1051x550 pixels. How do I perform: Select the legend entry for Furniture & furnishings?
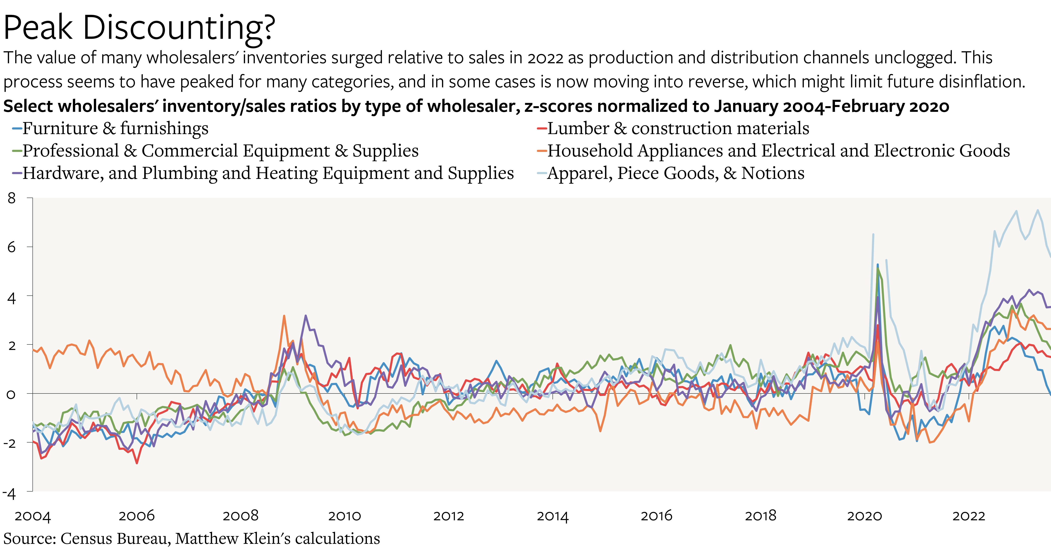point(115,128)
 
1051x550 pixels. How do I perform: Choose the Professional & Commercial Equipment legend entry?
point(220,151)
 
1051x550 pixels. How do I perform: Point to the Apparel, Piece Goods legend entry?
point(675,173)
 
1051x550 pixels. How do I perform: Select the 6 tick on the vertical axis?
point(12,247)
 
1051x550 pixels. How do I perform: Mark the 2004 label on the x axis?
point(33,516)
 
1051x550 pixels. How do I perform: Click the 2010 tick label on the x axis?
point(345,516)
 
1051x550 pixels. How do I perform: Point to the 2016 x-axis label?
point(656,516)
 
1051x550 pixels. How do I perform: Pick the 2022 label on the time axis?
point(969,516)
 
